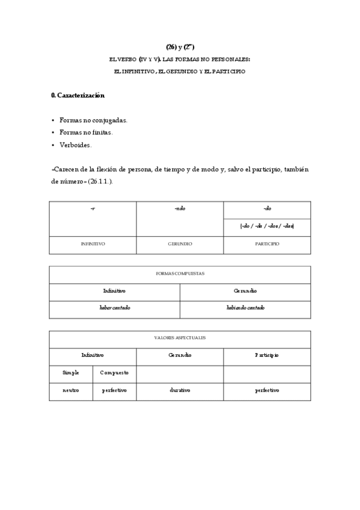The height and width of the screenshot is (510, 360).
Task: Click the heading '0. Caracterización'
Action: tap(78, 96)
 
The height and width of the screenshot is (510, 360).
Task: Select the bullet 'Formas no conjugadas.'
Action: tap(93, 120)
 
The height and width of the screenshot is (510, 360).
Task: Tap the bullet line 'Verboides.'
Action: tap(76, 145)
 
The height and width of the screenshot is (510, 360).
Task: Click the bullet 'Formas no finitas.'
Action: tap(86, 132)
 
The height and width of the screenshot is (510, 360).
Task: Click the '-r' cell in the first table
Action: tap(93, 209)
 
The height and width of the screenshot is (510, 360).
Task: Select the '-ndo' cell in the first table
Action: tap(180, 209)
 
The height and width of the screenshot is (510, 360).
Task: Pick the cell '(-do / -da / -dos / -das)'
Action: tap(267, 227)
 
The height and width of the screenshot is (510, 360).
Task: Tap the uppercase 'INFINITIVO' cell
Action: tap(93, 244)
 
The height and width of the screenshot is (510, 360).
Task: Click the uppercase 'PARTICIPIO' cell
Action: tap(267, 244)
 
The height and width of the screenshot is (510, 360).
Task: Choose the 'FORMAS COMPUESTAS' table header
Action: tap(180, 274)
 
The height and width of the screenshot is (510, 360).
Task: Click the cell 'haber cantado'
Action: tap(114, 308)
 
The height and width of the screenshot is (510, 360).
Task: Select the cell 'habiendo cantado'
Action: tap(245, 308)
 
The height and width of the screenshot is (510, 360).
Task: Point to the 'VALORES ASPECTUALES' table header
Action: tap(180, 338)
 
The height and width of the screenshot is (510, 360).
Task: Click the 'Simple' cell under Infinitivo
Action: tap(71, 373)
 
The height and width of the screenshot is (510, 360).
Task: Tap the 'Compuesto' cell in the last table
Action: tap(114, 373)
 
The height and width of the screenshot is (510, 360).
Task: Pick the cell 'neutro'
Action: tap(71, 390)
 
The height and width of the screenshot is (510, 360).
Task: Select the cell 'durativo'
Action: tap(180, 390)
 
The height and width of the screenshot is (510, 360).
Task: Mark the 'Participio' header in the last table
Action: tap(267, 355)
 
